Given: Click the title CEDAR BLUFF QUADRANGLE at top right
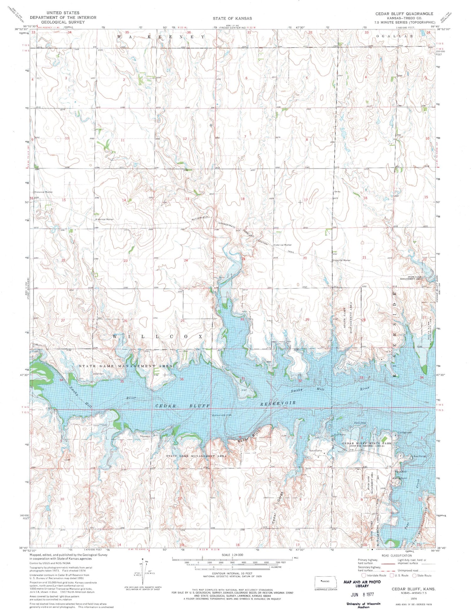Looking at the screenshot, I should pyautogui.click(x=404, y=14).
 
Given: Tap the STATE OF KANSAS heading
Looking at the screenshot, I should pyautogui.click(x=232, y=18).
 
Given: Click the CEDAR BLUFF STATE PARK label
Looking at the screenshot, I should pyautogui.click(x=367, y=443).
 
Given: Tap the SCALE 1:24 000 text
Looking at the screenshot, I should pyautogui.click(x=232, y=555).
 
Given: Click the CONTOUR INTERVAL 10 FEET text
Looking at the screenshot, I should pyautogui.click(x=232, y=573).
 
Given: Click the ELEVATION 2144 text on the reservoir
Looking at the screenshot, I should pyautogui.click(x=222, y=415).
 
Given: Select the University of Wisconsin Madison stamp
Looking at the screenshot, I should pyautogui.click(x=363, y=605).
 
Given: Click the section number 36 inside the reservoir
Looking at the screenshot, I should pyautogui.click(x=181, y=379).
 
